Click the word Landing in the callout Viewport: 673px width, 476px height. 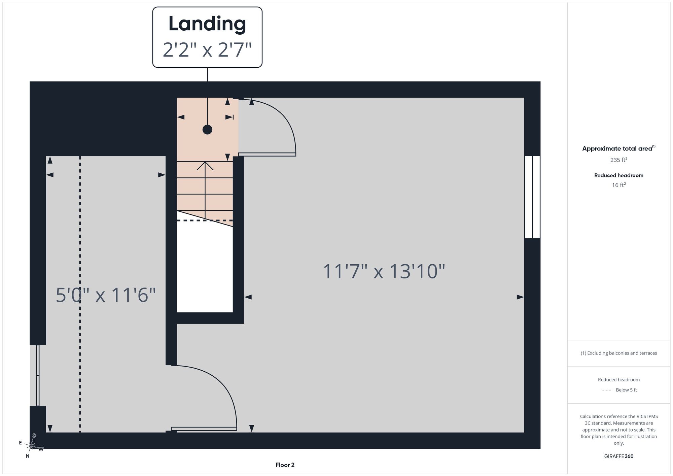(x=207, y=24)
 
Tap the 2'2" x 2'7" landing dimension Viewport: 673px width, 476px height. (x=207, y=50)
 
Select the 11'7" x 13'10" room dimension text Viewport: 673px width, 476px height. (x=384, y=271)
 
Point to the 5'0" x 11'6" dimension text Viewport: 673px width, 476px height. (x=106, y=295)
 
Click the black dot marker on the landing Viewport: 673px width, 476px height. (x=207, y=130)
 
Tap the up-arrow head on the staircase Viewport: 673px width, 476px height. (x=205, y=166)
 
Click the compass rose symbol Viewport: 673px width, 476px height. (x=31, y=446)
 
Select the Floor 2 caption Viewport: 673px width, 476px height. (x=285, y=465)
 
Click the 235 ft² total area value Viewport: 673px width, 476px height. (x=618, y=160)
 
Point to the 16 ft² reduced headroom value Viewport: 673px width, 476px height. (x=618, y=185)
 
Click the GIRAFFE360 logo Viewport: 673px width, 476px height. (x=618, y=456)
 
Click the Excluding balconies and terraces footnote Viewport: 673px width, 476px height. (x=618, y=353)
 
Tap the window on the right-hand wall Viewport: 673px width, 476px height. (x=532, y=197)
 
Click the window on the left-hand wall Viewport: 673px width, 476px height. (x=38, y=375)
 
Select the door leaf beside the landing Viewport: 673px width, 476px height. (x=267, y=155)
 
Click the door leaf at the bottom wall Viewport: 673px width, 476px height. (x=204, y=429)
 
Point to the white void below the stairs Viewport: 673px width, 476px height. (x=205, y=269)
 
